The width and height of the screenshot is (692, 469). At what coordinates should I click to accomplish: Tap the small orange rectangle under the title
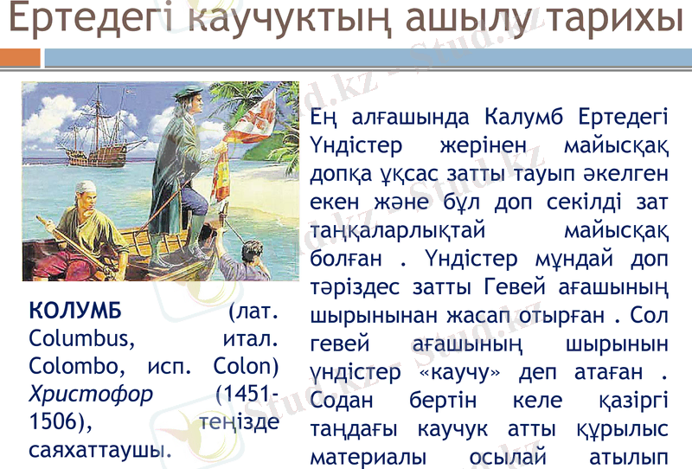point(20,58)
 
